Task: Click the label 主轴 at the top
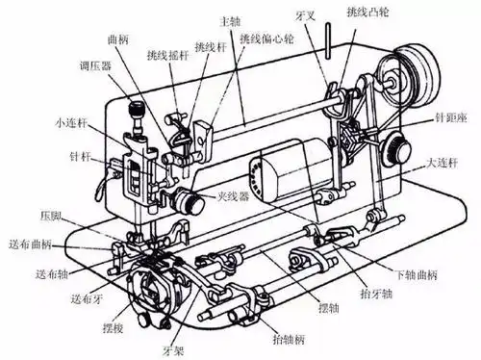coord(230,21)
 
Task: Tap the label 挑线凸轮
coord(368,12)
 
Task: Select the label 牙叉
coord(306,15)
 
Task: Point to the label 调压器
coord(95,66)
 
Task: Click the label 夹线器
coord(233,196)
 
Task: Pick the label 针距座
coord(451,117)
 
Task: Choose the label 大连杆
coord(442,163)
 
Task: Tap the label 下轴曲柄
coord(417,274)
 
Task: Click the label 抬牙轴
coord(376,294)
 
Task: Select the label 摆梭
coord(113,327)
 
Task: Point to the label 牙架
coord(173,350)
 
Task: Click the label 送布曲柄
coord(30,244)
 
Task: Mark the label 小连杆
coord(71,122)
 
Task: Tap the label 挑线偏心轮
coord(266,39)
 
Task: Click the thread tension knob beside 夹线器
coord(190,201)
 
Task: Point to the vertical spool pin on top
coord(328,41)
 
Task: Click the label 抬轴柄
coord(289,339)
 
